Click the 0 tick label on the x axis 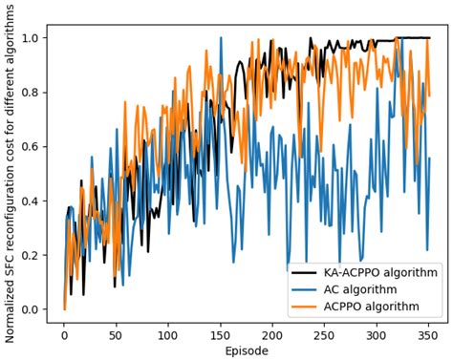click(64, 336)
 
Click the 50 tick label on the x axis click(116, 336)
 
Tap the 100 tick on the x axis click(168, 336)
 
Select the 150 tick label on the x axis click(221, 336)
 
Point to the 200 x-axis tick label click(273, 336)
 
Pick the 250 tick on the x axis click(325, 336)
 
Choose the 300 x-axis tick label click(377, 336)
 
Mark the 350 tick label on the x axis click(429, 336)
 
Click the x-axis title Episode click(247, 351)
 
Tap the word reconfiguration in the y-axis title click(10, 201)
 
